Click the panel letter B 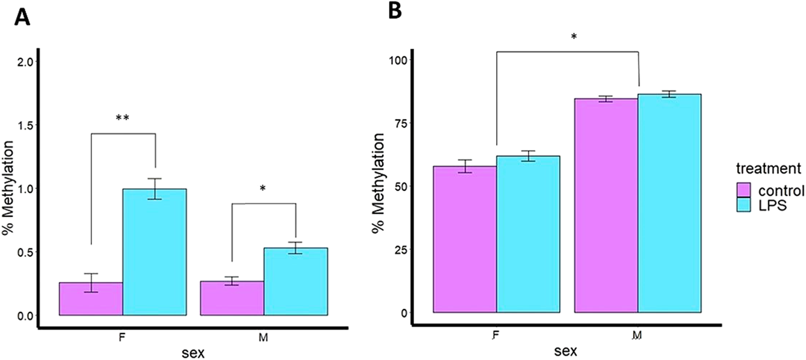click(x=395, y=11)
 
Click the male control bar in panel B click(x=606, y=205)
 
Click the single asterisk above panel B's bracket click(x=574, y=37)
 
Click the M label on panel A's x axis click(x=263, y=337)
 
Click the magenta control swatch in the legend click(x=743, y=190)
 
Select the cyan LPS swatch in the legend click(x=743, y=204)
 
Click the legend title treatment click(x=768, y=169)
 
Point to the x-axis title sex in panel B click(x=565, y=350)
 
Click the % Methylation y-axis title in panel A click(x=9, y=188)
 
